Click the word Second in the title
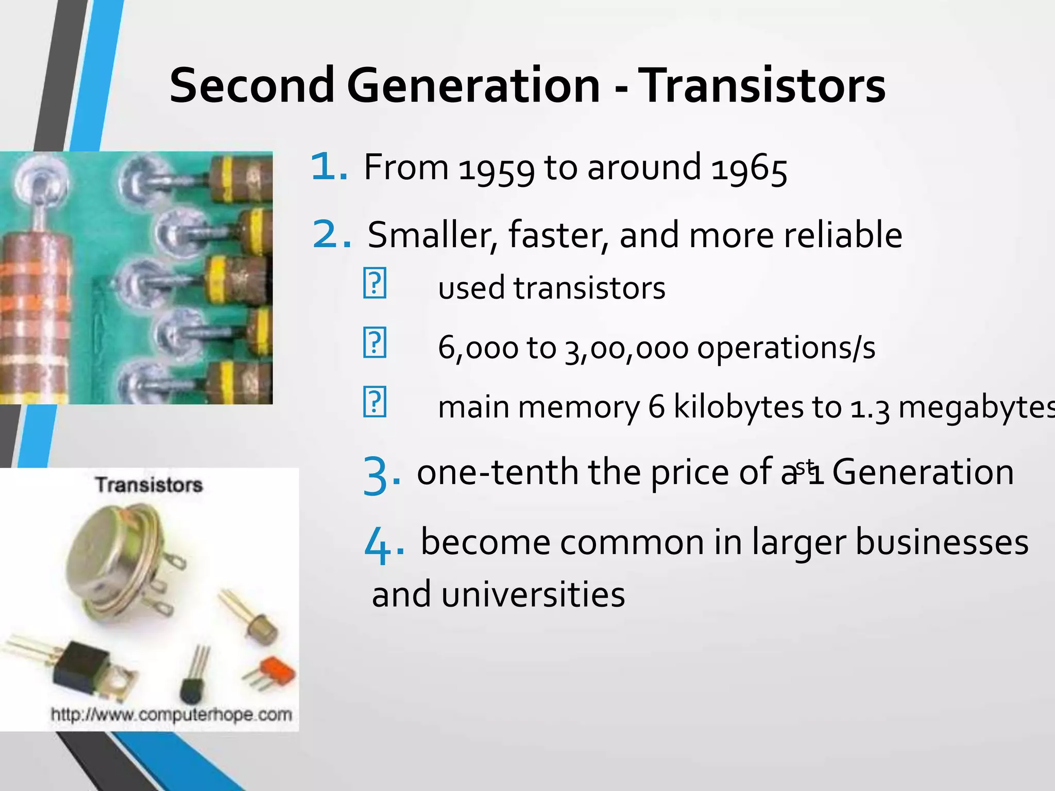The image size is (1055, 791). (252, 85)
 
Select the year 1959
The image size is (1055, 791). (497, 169)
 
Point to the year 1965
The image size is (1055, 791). (749, 169)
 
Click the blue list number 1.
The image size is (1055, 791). (329, 167)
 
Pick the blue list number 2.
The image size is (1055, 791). (332, 235)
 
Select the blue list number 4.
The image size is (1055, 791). (383, 545)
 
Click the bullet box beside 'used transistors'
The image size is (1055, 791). (375, 283)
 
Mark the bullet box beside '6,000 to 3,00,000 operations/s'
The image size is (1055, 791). (375, 342)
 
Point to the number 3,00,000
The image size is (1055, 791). (626, 348)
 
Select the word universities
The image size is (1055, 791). (533, 594)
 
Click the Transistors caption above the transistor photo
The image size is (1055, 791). (149, 485)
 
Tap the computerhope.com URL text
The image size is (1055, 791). (172, 715)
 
